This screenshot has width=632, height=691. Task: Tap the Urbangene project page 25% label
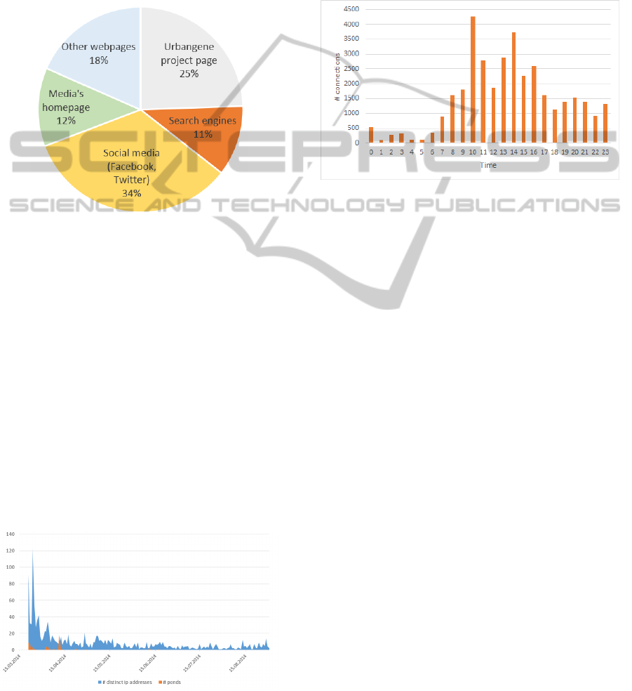(x=190, y=60)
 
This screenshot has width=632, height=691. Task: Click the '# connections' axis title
(x=337, y=77)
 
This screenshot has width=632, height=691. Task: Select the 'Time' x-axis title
(x=488, y=166)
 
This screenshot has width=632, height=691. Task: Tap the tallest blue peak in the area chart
(x=32, y=551)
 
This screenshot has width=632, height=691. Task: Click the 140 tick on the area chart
(x=10, y=534)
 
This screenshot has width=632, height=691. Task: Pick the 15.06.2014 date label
(x=149, y=663)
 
